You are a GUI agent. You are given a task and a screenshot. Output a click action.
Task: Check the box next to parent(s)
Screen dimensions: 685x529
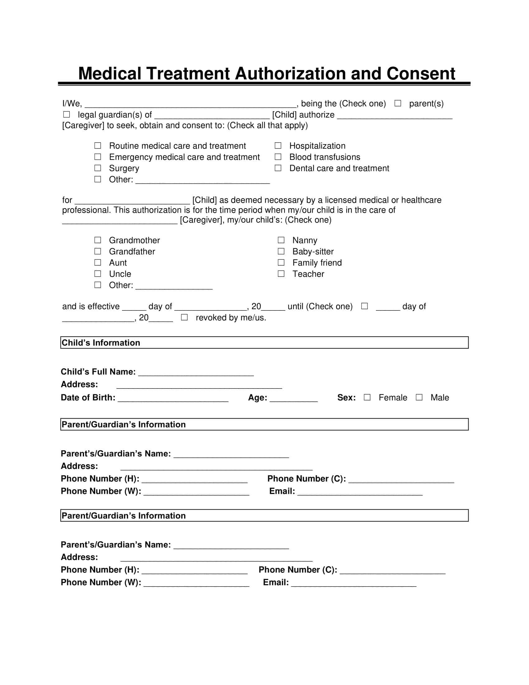click(x=397, y=103)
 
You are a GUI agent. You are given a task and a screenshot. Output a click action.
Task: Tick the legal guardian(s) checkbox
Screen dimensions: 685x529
click(x=67, y=115)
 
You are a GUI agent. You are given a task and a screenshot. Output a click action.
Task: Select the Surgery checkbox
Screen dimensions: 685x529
click(x=98, y=168)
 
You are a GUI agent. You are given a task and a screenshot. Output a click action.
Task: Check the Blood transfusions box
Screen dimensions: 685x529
click(x=278, y=157)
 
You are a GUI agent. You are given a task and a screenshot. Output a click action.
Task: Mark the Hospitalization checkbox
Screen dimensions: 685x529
click(x=278, y=145)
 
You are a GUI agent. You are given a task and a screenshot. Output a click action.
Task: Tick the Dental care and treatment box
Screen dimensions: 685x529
click(x=278, y=168)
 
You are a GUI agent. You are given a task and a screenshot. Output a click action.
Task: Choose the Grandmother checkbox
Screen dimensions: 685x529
click(x=98, y=240)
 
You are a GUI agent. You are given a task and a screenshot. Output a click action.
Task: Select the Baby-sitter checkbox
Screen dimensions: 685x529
click(x=281, y=252)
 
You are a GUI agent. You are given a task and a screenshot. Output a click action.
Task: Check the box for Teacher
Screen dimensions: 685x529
click(x=281, y=274)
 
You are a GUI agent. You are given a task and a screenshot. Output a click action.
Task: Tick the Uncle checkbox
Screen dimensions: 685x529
click(x=98, y=274)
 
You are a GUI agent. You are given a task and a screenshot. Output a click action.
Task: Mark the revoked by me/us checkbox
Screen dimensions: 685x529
click(x=184, y=317)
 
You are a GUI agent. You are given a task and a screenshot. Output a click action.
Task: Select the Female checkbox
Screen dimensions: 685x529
click(x=367, y=397)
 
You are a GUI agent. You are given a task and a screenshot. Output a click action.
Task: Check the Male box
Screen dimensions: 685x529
click(x=419, y=397)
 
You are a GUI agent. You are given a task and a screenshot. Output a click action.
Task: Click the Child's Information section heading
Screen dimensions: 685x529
click(x=101, y=342)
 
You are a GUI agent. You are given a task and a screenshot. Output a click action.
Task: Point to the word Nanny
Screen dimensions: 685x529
click(x=305, y=240)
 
